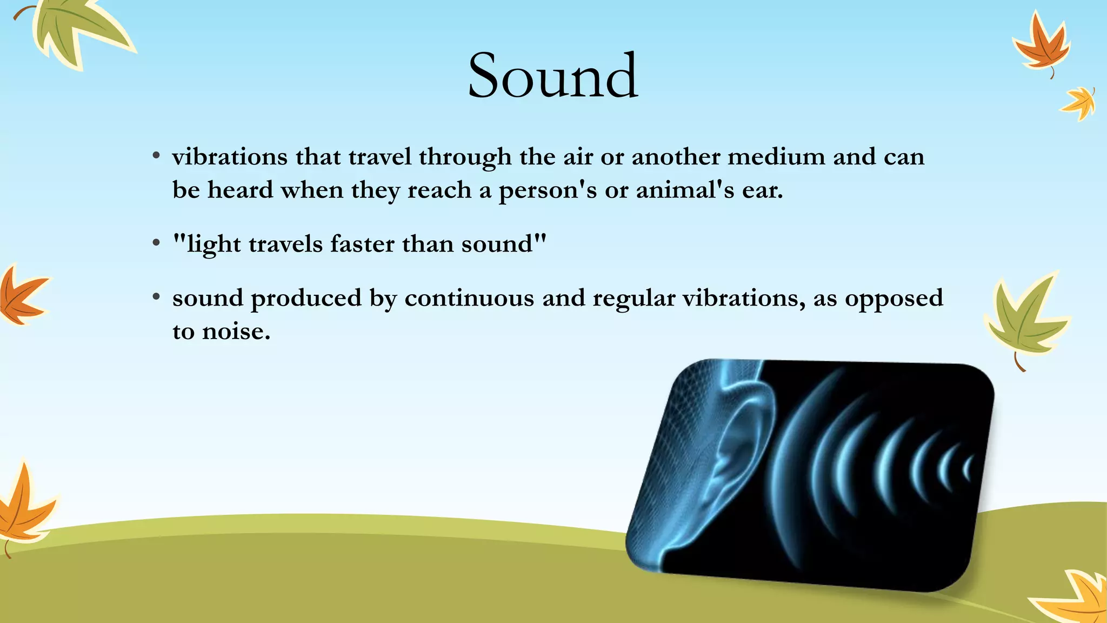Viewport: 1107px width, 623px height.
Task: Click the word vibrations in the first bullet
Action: point(230,157)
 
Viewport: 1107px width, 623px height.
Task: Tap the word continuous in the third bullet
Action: point(469,299)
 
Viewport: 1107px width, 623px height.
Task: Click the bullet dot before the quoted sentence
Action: point(156,243)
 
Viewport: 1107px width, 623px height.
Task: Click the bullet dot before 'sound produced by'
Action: point(156,297)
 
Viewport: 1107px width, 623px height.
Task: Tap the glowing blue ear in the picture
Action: point(738,449)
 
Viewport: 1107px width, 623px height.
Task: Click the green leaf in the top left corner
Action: point(76,32)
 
